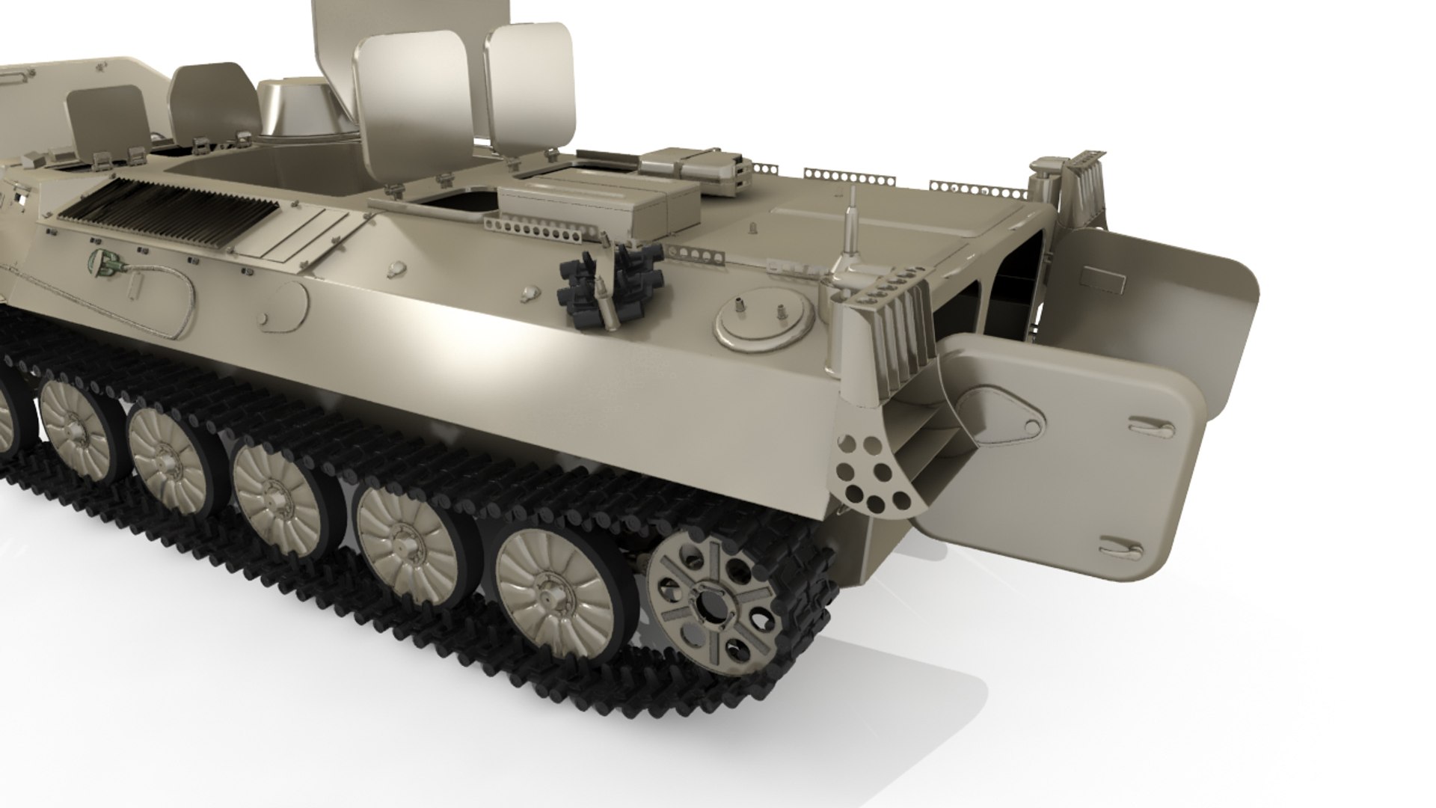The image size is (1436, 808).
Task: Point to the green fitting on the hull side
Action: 103,261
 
